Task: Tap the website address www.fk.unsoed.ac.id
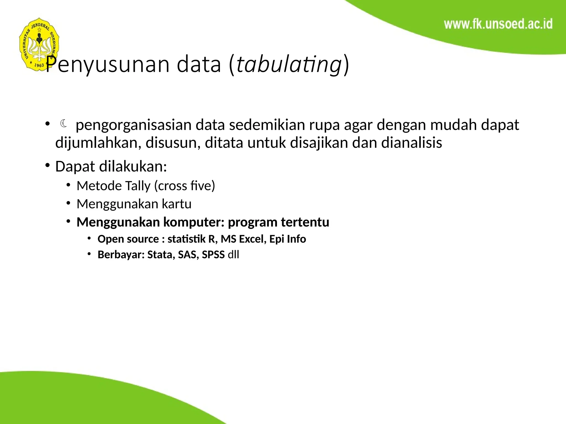pyautogui.click(x=498, y=24)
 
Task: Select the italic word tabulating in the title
pyautogui.click(x=289, y=65)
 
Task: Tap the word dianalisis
pyautogui.click(x=412, y=143)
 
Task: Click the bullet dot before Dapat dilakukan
pyautogui.click(x=48, y=165)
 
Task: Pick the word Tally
pyautogui.click(x=138, y=186)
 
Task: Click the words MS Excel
pyautogui.click(x=243, y=239)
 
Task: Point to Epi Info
pyautogui.click(x=288, y=239)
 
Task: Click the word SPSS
pyautogui.click(x=213, y=255)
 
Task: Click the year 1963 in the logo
pyautogui.click(x=39, y=65)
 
